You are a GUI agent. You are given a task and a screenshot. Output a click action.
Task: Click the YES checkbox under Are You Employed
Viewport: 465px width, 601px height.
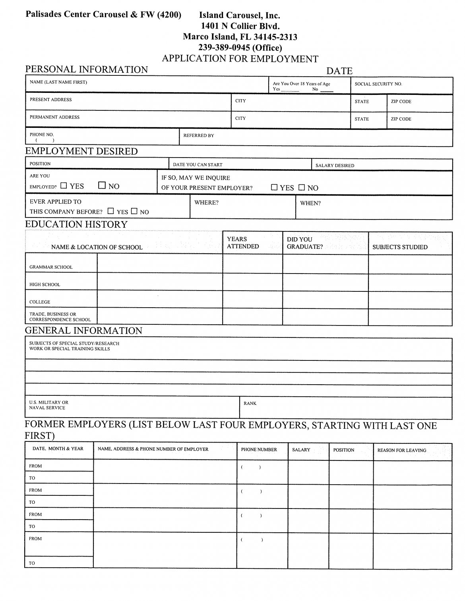coord(64,185)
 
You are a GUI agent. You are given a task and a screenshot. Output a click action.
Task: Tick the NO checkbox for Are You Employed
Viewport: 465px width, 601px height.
coord(102,185)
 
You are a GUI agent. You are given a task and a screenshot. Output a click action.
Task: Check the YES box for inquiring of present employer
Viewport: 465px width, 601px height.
coord(274,187)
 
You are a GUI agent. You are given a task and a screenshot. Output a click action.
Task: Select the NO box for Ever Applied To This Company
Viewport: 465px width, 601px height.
coord(134,211)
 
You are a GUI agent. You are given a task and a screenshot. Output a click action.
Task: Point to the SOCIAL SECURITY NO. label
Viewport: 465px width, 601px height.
coord(378,84)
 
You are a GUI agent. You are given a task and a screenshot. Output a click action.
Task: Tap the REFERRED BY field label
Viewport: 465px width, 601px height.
coord(198,136)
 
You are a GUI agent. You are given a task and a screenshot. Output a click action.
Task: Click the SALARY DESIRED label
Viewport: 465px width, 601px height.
coord(335,166)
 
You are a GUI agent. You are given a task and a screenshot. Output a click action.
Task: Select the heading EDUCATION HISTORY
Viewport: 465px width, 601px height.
coord(76,224)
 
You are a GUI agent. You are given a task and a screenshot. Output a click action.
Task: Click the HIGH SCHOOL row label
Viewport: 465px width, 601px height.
coord(45,285)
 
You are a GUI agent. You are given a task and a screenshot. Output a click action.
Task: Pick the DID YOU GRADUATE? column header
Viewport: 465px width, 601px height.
coord(304,243)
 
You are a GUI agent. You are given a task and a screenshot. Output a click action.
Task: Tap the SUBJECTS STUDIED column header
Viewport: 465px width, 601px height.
coord(400,247)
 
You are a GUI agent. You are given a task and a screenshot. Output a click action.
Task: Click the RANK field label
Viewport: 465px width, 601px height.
coord(250,403)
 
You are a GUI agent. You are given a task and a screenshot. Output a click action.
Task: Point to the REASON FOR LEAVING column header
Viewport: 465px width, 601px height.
coord(401,450)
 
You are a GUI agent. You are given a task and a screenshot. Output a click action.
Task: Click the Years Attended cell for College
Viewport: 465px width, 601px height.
coord(252,299)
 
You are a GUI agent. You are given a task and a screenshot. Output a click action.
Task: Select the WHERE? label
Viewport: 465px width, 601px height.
coord(206,203)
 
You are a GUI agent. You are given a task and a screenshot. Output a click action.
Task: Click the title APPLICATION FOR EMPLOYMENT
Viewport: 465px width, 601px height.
coord(240,59)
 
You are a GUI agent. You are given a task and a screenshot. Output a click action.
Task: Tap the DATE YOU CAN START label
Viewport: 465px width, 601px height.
coord(198,165)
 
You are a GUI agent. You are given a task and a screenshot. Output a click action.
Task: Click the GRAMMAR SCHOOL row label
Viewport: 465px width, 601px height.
coord(51,267)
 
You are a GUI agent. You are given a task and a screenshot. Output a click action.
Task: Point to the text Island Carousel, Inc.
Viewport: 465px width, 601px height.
coord(239,15)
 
